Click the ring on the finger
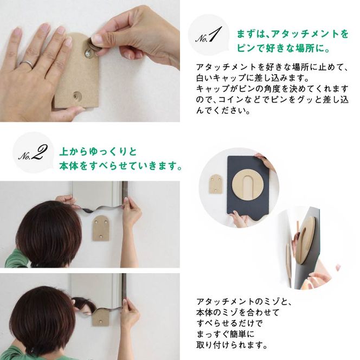(26, 65)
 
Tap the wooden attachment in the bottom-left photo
(99, 318)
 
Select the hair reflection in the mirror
(81, 301)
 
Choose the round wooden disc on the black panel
(251, 188)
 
